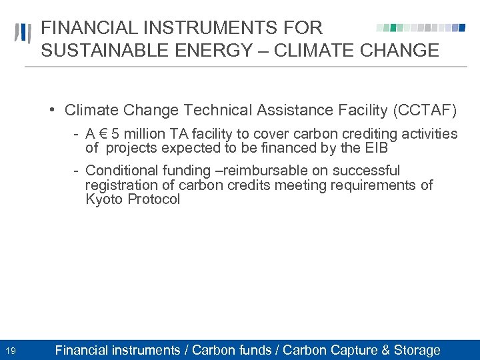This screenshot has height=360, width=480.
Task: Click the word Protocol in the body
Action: [154, 199]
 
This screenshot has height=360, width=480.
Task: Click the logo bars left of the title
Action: [24, 33]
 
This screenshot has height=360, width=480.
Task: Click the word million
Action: [144, 135]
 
